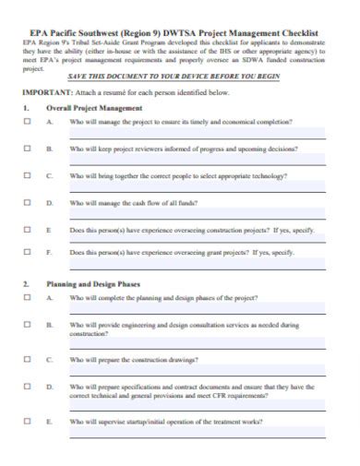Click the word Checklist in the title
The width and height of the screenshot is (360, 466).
coord(298,30)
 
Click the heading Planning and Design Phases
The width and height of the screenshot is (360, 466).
coord(94,284)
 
